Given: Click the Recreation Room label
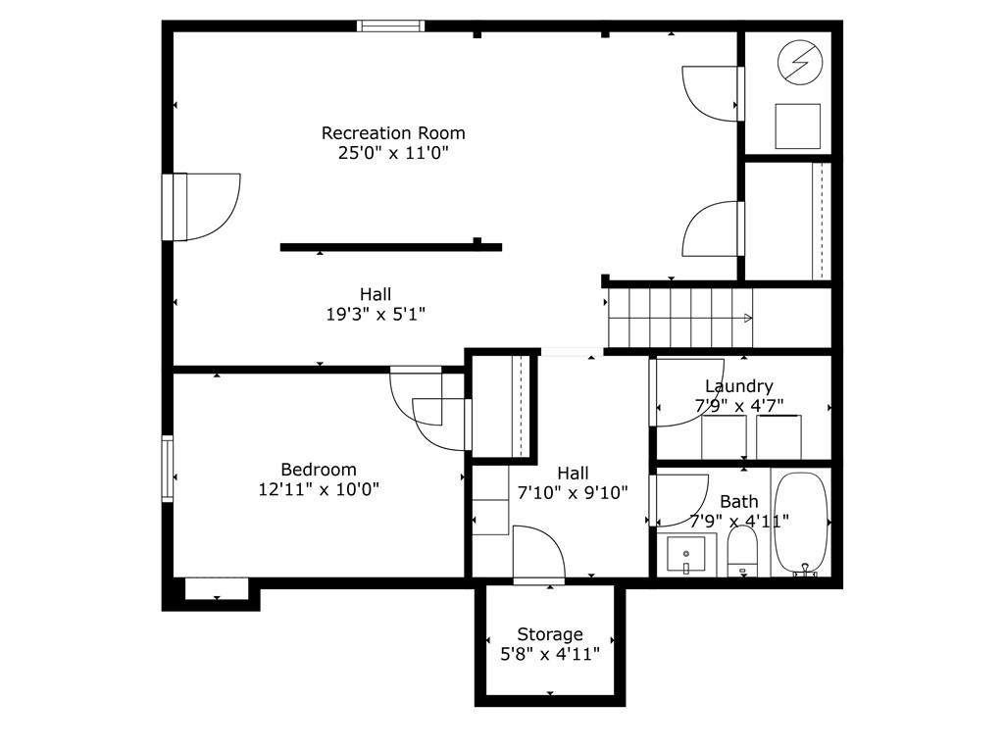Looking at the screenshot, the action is (x=393, y=133).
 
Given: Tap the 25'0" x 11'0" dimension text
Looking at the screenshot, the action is (x=393, y=153).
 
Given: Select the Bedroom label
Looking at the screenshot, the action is (x=319, y=470).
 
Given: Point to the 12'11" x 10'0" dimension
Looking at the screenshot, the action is (x=319, y=489).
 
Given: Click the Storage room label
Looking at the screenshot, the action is (x=550, y=634).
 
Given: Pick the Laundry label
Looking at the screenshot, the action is (x=739, y=386).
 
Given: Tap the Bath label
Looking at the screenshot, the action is (x=739, y=502).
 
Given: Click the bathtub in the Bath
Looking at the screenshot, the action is (x=802, y=524).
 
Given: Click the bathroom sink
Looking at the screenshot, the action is (x=685, y=554).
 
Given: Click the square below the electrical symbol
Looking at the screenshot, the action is (x=798, y=126).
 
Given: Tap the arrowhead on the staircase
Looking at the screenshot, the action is (x=748, y=318).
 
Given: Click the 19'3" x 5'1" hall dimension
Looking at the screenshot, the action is (x=376, y=315).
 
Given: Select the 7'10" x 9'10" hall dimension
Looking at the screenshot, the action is (x=573, y=492).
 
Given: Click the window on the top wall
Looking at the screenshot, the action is (x=390, y=25).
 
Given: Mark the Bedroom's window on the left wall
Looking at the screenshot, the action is (x=167, y=469).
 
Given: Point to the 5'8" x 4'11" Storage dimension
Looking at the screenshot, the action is (x=550, y=654).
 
